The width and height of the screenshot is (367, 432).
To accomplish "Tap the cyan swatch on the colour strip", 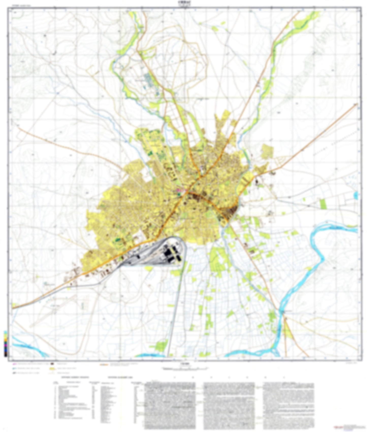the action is click(x=6, y=332).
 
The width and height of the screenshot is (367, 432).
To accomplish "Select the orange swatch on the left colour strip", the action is click(x=6, y=340).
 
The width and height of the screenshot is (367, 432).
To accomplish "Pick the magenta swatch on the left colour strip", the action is click(x=6, y=345).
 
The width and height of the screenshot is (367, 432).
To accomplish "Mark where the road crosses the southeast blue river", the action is click(x=282, y=312).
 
